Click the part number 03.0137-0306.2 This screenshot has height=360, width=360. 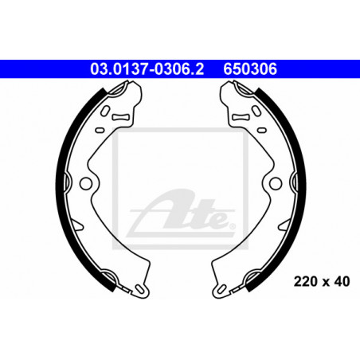pyautogui.click(x=147, y=69)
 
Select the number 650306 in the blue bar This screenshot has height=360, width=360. pyautogui.click(x=250, y=69)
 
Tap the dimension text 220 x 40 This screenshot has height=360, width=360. pyautogui.click(x=322, y=281)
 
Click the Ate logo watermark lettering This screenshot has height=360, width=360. pyautogui.click(x=181, y=213)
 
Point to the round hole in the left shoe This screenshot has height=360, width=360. pyautogui.click(x=86, y=183)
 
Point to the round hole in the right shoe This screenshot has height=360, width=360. pyautogui.click(x=276, y=183)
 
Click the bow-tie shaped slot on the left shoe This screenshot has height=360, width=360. pyautogui.click(x=120, y=117)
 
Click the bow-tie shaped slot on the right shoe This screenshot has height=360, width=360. pyautogui.click(x=241, y=117)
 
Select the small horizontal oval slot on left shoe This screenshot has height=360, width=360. pyautogui.click(x=100, y=130)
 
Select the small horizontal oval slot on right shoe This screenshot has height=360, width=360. pyautogui.click(x=262, y=130)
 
